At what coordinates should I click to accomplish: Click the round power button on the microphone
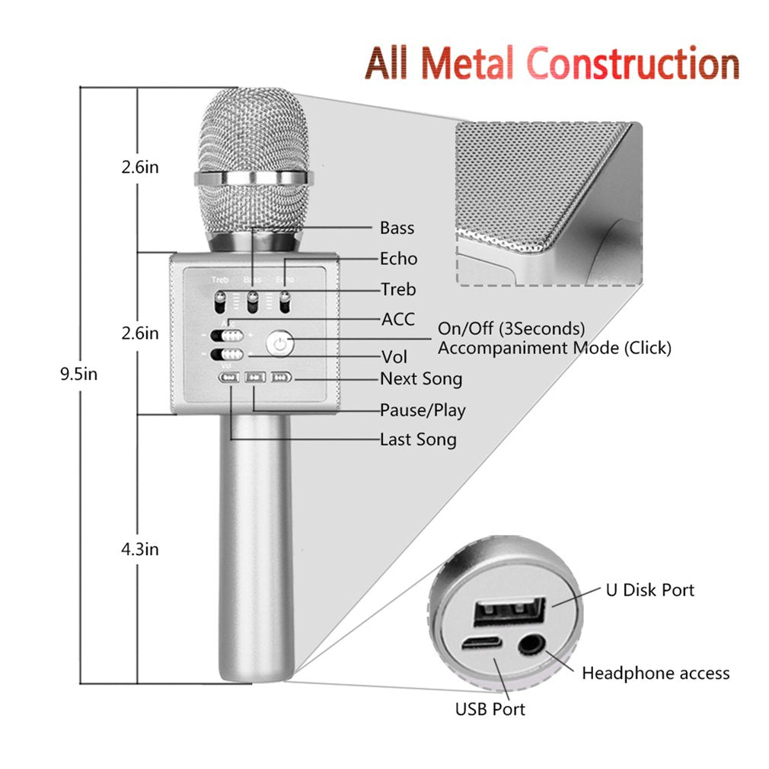point(280,344)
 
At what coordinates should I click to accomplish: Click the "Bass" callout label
point(397,228)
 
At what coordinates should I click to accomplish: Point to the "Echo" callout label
point(399,259)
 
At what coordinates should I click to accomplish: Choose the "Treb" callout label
point(398,289)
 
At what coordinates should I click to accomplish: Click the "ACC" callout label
point(397,319)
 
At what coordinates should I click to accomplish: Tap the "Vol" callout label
point(394,356)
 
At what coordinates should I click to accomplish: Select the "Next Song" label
point(421,378)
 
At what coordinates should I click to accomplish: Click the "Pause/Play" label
point(423,410)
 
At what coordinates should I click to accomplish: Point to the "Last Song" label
point(418,439)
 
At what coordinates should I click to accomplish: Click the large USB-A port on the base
point(510,613)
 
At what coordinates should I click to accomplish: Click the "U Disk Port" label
point(649,590)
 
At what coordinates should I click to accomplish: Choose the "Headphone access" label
point(656,673)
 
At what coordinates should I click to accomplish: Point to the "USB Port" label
point(490,709)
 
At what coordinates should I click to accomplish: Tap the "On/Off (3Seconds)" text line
point(511,329)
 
